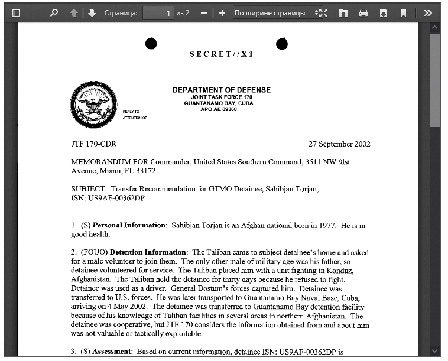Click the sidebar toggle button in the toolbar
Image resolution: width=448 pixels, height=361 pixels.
[16, 12]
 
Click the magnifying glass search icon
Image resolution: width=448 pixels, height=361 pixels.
[54, 12]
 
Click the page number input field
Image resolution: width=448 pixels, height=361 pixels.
[158, 12]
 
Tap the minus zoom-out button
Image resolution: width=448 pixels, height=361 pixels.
[203, 12]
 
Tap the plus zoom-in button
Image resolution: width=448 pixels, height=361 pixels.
[222, 12]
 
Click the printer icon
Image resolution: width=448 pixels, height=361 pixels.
[363, 12]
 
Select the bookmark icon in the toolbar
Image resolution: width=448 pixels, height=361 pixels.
[403, 12]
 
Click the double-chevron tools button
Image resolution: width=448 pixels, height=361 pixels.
[428, 12]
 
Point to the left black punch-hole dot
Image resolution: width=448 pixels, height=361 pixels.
[151, 44]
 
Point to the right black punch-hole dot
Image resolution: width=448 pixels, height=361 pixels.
[282, 44]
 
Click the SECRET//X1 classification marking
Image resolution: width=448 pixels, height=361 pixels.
[221, 54]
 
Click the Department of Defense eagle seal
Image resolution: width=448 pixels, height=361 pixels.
[93, 105]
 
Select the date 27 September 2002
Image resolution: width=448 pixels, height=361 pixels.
[339, 144]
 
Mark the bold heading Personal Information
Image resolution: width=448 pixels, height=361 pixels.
[129, 225]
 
